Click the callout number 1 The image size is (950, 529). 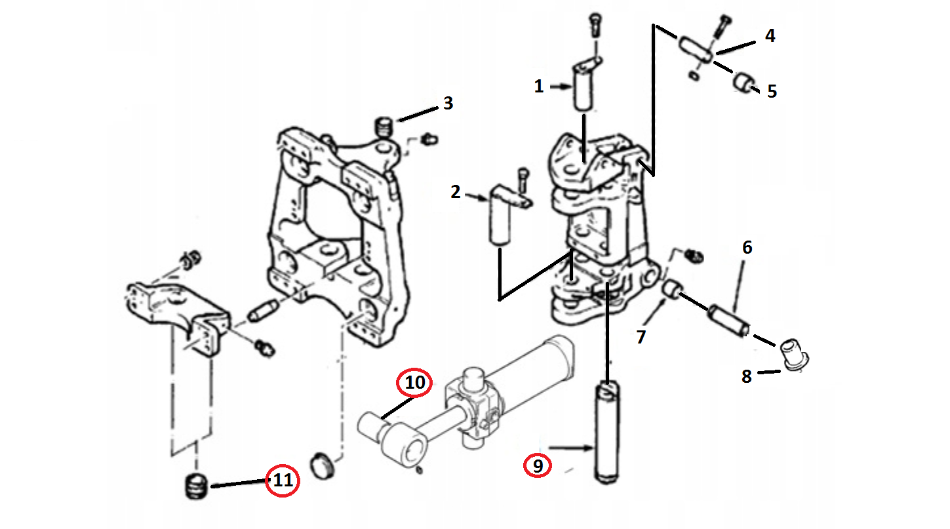point(538,87)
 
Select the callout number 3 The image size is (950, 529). point(448,103)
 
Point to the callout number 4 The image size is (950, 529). point(770,36)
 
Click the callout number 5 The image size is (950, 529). point(772,91)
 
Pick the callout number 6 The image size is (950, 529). point(747,248)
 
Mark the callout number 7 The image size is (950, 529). point(641,337)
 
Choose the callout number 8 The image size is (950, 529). point(747,376)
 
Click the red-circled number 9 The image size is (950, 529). point(538,465)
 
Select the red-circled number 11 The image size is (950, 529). point(282,480)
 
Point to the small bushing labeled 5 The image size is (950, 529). point(742,83)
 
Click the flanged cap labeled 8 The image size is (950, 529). point(795,355)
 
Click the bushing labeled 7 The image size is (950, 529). point(671,289)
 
